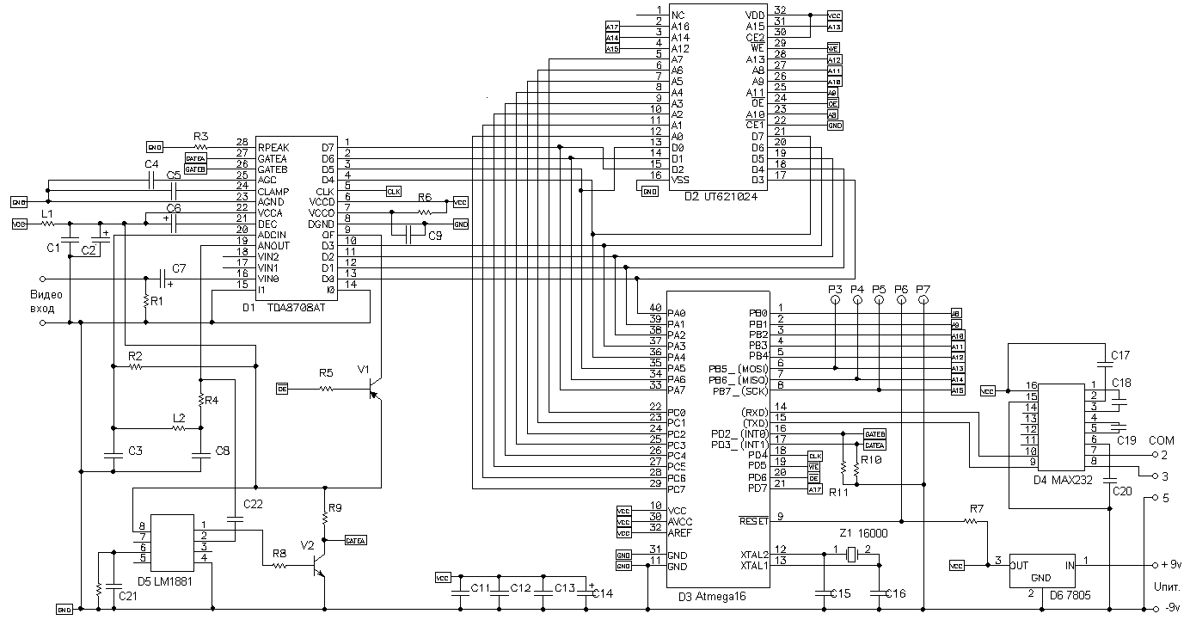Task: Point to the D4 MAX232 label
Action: click(1063, 480)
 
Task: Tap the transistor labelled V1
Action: click(373, 392)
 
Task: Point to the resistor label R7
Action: click(976, 510)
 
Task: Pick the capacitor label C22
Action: click(255, 503)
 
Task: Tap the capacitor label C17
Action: click(1120, 353)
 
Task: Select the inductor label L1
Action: click(47, 212)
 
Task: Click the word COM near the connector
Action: click(1161, 439)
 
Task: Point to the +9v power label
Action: click(1170, 565)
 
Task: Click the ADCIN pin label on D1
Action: click(273, 235)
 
